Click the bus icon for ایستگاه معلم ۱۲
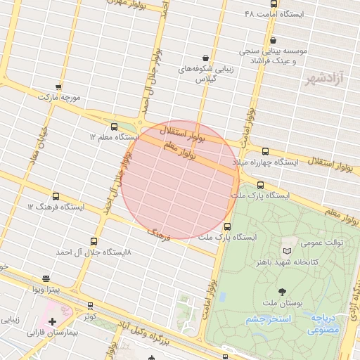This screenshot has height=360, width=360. point(115,127)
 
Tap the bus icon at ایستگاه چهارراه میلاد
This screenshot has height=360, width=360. point(264,151)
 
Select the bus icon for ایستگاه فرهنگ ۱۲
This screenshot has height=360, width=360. point(56,197)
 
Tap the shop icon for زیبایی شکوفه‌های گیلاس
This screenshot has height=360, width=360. point(205,58)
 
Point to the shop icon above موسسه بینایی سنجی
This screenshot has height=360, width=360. point(273,41)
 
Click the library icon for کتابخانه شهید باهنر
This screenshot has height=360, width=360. point(286,251)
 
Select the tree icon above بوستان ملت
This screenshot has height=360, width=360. point(283,291)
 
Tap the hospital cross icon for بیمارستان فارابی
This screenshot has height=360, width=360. point(52,321)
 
